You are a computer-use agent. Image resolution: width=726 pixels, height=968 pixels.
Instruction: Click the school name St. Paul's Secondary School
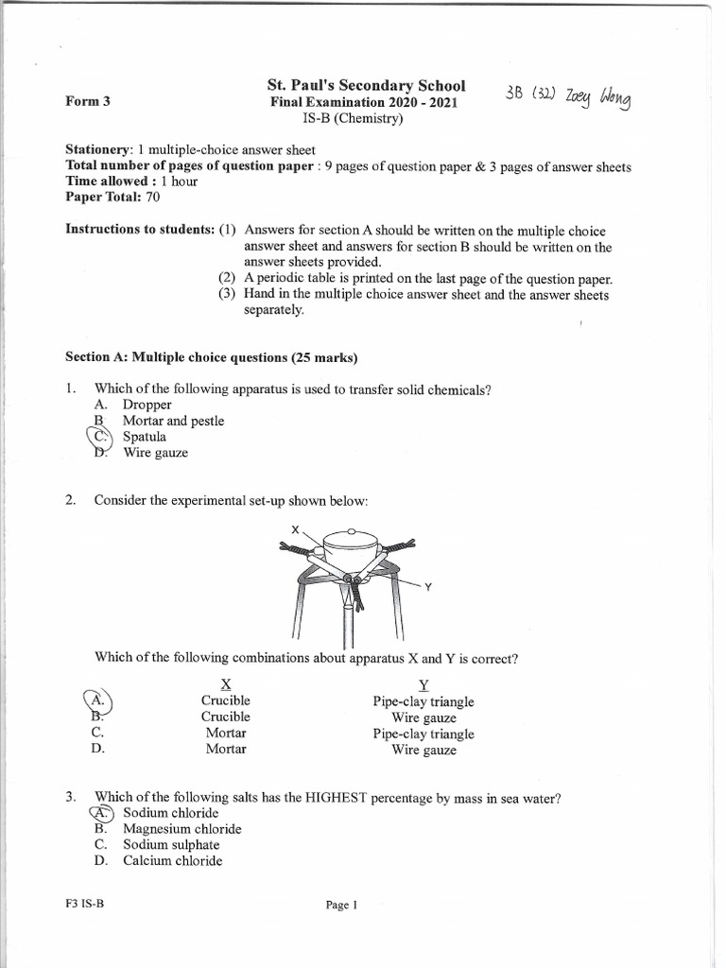tap(366, 86)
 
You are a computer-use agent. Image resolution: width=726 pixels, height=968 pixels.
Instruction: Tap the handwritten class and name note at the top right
tap(569, 97)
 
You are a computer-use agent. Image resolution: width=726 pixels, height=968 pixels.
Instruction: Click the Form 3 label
tap(88, 102)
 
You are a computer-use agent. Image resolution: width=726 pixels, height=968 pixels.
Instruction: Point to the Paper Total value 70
tap(153, 197)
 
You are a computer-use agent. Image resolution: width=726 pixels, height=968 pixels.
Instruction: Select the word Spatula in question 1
tap(144, 437)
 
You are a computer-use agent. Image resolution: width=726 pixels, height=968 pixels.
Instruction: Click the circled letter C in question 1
tap(100, 437)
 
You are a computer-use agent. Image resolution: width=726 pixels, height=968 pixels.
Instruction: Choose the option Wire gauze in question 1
tap(155, 453)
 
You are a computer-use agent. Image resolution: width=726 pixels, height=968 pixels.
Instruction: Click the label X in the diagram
tap(295, 530)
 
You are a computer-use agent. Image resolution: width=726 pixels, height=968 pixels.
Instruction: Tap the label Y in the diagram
tap(428, 587)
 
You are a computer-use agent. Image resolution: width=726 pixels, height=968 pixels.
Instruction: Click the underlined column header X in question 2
tap(225, 684)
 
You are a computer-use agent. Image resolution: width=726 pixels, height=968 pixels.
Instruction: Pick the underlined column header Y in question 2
tap(423, 684)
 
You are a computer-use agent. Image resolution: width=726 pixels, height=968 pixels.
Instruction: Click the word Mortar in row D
tap(226, 749)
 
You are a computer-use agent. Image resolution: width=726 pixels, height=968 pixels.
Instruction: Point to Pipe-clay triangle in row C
tap(423, 734)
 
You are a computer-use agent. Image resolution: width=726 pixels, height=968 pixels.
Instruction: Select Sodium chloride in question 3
tap(170, 813)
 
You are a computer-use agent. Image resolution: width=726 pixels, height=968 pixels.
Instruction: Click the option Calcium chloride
tap(172, 861)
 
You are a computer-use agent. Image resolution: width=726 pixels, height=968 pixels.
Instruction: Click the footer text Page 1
tap(341, 905)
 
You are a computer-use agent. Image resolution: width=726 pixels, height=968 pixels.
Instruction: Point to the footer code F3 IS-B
tap(84, 904)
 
